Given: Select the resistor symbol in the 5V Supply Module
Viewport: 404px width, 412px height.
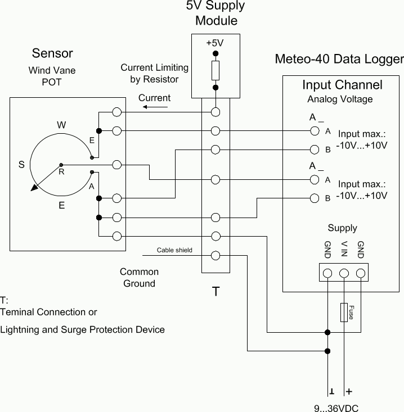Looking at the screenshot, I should click(215, 71).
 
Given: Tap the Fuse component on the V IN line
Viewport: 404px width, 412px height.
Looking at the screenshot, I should click(344, 312).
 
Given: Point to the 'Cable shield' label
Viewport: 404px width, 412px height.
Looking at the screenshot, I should click(174, 250).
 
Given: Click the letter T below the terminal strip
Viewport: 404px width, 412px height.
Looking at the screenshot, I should click(216, 292).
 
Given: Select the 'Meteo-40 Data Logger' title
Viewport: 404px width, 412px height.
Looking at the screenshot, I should click(339, 60).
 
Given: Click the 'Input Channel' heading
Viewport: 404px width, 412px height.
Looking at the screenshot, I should click(342, 85).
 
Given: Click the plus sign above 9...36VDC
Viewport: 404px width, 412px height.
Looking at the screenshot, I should click(349, 391).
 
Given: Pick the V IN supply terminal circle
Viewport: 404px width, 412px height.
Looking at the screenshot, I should click(344, 274).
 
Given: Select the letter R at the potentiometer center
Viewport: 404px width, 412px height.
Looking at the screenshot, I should click(61, 173).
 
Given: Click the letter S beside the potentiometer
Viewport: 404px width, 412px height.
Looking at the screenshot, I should click(21, 165).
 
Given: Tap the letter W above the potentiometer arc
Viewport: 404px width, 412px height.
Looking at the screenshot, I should click(61, 125).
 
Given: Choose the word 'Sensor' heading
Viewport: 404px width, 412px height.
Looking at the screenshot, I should click(52, 53).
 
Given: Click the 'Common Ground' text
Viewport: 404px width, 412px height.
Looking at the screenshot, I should click(139, 278).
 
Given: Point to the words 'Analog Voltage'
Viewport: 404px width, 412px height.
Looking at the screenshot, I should click(340, 99).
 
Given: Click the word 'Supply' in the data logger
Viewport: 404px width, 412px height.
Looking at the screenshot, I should click(342, 228).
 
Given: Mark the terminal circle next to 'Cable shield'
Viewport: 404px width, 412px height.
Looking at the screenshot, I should click(215, 255).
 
